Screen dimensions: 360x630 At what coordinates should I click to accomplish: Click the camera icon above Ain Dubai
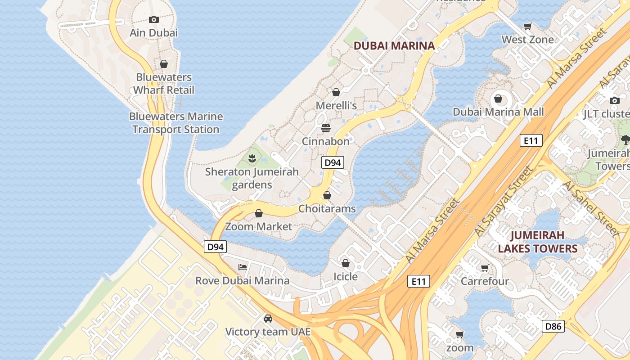pyautogui.click(x=154, y=19)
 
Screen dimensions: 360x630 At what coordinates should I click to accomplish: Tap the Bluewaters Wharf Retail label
pyautogui.click(x=164, y=84)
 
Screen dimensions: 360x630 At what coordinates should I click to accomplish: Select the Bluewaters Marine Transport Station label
pyautogui.click(x=175, y=123)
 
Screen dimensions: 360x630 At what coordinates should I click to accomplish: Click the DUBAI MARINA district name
pyautogui.click(x=394, y=45)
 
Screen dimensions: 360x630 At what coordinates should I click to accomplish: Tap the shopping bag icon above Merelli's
pyautogui.click(x=336, y=92)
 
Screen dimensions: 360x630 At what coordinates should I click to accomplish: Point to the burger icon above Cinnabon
pyautogui.click(x=326, y=128)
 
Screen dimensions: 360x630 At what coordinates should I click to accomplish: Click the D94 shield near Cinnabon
pyautogui.click(x=333, y=162)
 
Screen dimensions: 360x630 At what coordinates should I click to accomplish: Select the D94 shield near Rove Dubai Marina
pyautogui.click(x=216, y=247)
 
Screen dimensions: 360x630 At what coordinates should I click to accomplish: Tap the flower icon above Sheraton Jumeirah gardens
pyautogui.click(x=252, y=158)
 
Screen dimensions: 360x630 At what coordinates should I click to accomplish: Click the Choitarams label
pyautogui.click(x=327, y=209)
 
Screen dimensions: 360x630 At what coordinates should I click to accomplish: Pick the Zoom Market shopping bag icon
pyautogui.click(x=259, y=213)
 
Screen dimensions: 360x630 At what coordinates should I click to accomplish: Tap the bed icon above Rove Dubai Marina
pyautogui.click(x=243, y=267)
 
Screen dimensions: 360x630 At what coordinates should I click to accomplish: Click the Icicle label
pyautogui.click(x=346, y=276)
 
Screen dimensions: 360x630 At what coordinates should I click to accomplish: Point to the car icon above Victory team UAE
pyautogui.click(x=268, y=319)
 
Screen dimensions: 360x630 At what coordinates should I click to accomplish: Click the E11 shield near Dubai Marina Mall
pyautogui.click(x=531, y=140)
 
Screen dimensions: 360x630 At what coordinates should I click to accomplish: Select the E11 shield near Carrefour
pyautogui.click(x=418, y=282)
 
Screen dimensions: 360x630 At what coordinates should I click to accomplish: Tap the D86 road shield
pyautogui.click(x=553, y=326)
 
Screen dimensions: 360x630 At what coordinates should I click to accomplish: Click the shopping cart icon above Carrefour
pyautogui.click(x=485, y=268)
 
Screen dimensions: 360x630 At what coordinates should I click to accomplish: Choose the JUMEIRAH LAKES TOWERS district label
pyautogui.click(x=537, y=242)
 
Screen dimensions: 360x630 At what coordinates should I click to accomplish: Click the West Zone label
pyautogui.click(x=528, y=40)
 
